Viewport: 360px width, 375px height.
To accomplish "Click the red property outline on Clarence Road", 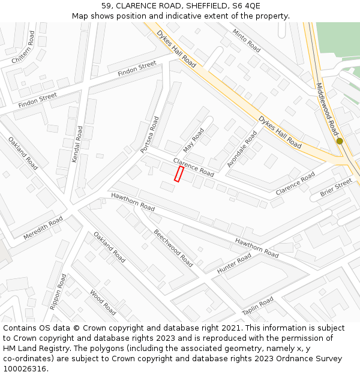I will [x=178, y=174].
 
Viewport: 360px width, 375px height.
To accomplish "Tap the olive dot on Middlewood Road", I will [x=340, y=141].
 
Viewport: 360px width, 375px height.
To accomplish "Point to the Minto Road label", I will [x=247, y=40].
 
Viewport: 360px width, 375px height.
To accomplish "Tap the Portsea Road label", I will [x=149, y=134].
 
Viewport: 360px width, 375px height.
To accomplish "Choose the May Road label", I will [x=194, y=139].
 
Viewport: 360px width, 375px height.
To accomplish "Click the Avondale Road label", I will [x=242, y=149].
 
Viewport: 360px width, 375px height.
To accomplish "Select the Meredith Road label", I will [x=43, y=229].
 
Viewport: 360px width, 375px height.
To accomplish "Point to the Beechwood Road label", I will [x=173, y=248].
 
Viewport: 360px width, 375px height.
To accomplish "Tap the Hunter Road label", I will [x=234, y=263].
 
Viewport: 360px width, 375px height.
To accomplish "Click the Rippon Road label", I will [x=59, y=292].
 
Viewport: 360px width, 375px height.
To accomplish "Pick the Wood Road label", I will [x=103, y=302].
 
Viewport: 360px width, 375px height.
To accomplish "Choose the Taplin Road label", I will [x=258, y=307].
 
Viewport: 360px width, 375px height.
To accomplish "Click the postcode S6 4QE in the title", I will [x=247, y=5].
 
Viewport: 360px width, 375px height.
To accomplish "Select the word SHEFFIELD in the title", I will [x=202, y=5].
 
